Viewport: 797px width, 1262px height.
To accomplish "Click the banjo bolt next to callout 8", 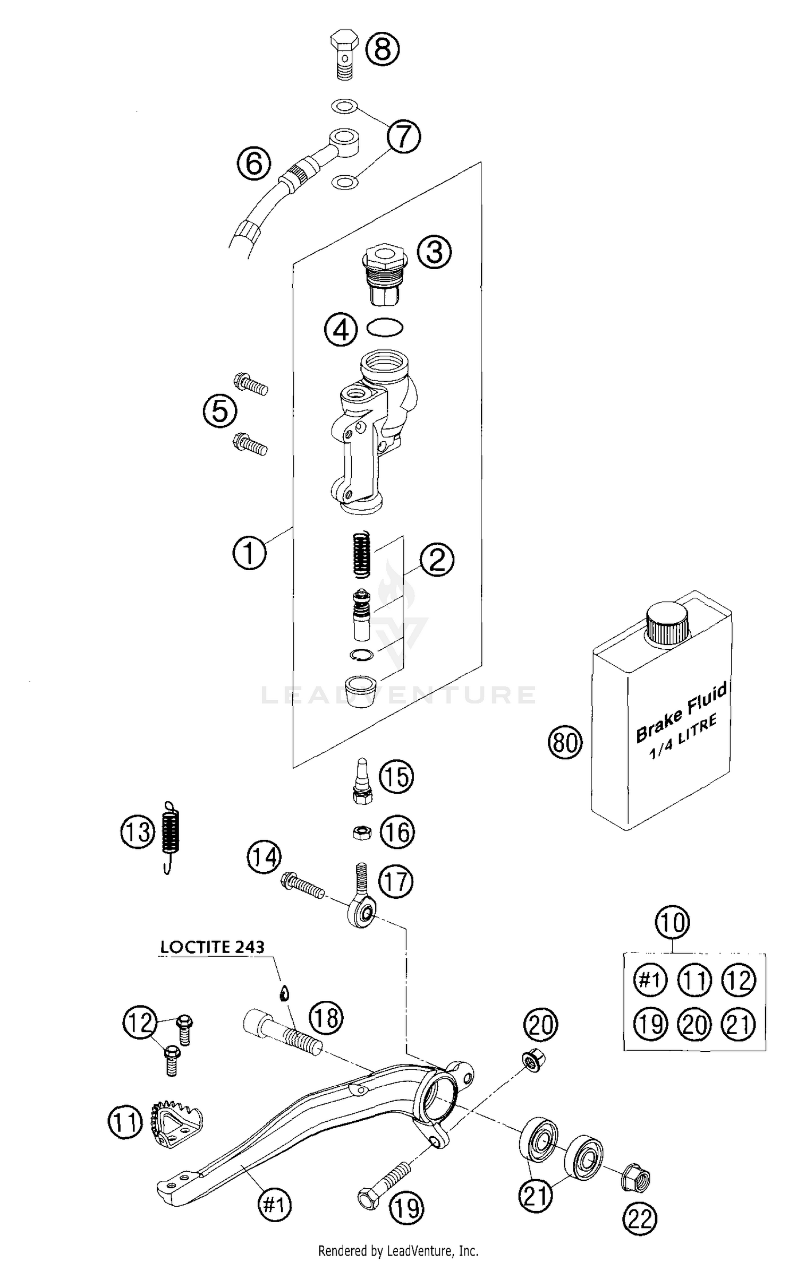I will click(344, 54).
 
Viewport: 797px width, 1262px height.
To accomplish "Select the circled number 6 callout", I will click(254, 163).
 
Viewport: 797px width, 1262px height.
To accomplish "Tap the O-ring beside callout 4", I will click(385, 327).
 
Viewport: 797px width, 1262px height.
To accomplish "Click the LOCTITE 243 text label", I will click(212, 947).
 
